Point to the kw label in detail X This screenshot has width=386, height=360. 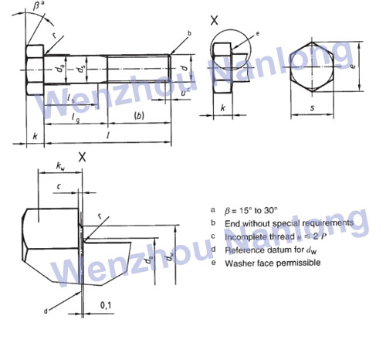coord(62,165)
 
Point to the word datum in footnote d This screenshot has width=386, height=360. coord(283,250)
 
